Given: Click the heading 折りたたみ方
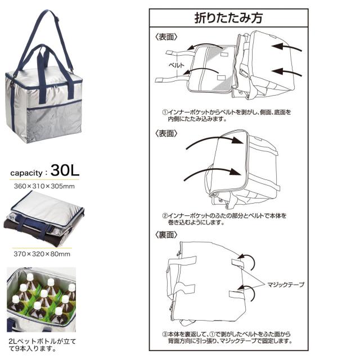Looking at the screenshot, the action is point(228,17).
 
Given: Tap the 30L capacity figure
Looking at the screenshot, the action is point(65,170).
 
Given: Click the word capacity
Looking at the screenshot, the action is point(26,173).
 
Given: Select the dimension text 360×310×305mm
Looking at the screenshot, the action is point(44,186).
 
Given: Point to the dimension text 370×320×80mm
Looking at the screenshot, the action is point(42,254).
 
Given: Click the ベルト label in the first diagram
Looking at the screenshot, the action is point(176,65).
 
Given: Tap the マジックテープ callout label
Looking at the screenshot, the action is point(286,285).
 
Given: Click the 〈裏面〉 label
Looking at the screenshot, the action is point(166,235).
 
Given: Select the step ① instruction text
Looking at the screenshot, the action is point(227,115).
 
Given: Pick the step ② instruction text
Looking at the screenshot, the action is point(224,219).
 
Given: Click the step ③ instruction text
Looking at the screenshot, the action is point(227,337).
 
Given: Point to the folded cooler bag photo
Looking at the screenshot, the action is point(44,219).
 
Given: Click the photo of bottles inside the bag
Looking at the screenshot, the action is point(41,299).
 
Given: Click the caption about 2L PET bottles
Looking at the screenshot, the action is point(42,345).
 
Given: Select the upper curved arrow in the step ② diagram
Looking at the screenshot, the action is point(214,138).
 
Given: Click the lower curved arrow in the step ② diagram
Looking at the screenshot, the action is point(213,170).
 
